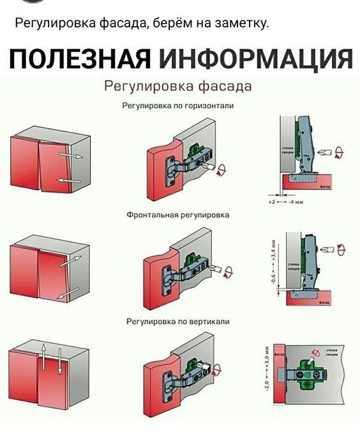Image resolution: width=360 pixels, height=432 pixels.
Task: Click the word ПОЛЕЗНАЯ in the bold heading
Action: pyautogui.click(x=79, y=60)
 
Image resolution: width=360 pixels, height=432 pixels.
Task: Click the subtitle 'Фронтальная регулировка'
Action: pyautogui.click(x=180, y=216)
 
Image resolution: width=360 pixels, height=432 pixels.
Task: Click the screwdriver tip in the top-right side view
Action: pyautogui.click(x=324, y=152)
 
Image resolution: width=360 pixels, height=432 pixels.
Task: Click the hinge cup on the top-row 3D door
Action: pyautogui.click(x=172, y=170)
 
